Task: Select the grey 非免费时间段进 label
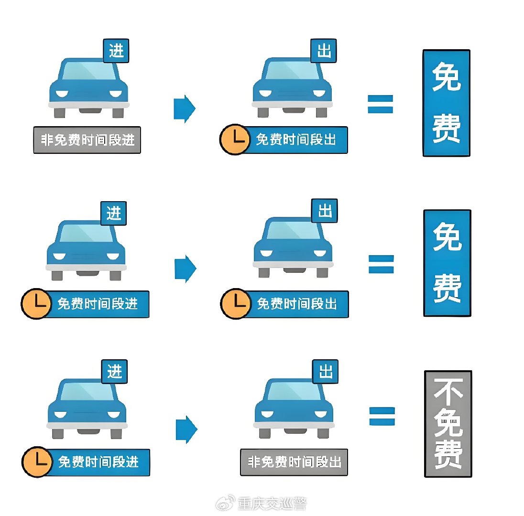point(87,140)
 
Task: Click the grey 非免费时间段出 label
point(294,462)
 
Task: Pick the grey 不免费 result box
point(448,423)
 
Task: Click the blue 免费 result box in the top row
point(446,103)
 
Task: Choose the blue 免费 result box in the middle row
point(447,263)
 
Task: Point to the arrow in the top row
point(184,109)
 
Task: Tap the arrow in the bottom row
point(186,429)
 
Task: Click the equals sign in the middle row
point(381,264)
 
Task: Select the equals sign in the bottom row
point(382,416)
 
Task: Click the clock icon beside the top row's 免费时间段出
point(234,140)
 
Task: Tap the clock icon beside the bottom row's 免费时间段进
point(37,462)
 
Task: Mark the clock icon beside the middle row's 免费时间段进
point(36,304)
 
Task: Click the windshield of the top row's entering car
point(89,72)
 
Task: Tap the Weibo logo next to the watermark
point(228,503)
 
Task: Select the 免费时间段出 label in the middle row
point(297,304)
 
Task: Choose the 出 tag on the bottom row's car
point(325,371)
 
